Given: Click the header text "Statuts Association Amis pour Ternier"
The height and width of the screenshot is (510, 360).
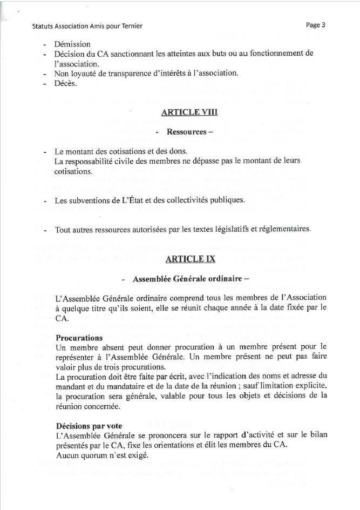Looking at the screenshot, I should (x=87, y=26).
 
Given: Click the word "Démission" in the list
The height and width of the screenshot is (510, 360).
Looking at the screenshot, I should (x=72, y=44).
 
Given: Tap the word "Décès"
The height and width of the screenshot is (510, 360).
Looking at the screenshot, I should (x=66, y=83).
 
